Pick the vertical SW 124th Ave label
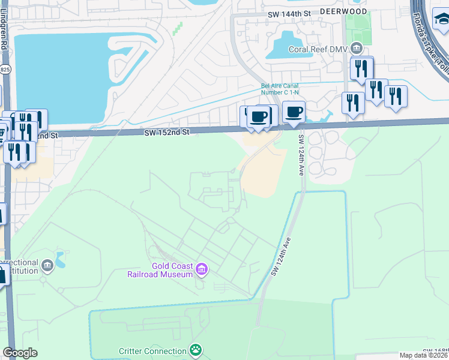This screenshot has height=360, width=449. click(x=301, y=155)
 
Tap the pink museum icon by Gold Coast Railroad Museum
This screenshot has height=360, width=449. click(x=202, y=270)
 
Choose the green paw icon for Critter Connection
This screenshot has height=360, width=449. click(x=195, y=350)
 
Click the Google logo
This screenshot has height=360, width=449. click(x=20, y=353)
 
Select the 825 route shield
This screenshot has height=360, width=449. click(x=5, y=70)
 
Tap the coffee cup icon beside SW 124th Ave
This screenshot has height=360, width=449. click(x=294, y=112)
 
